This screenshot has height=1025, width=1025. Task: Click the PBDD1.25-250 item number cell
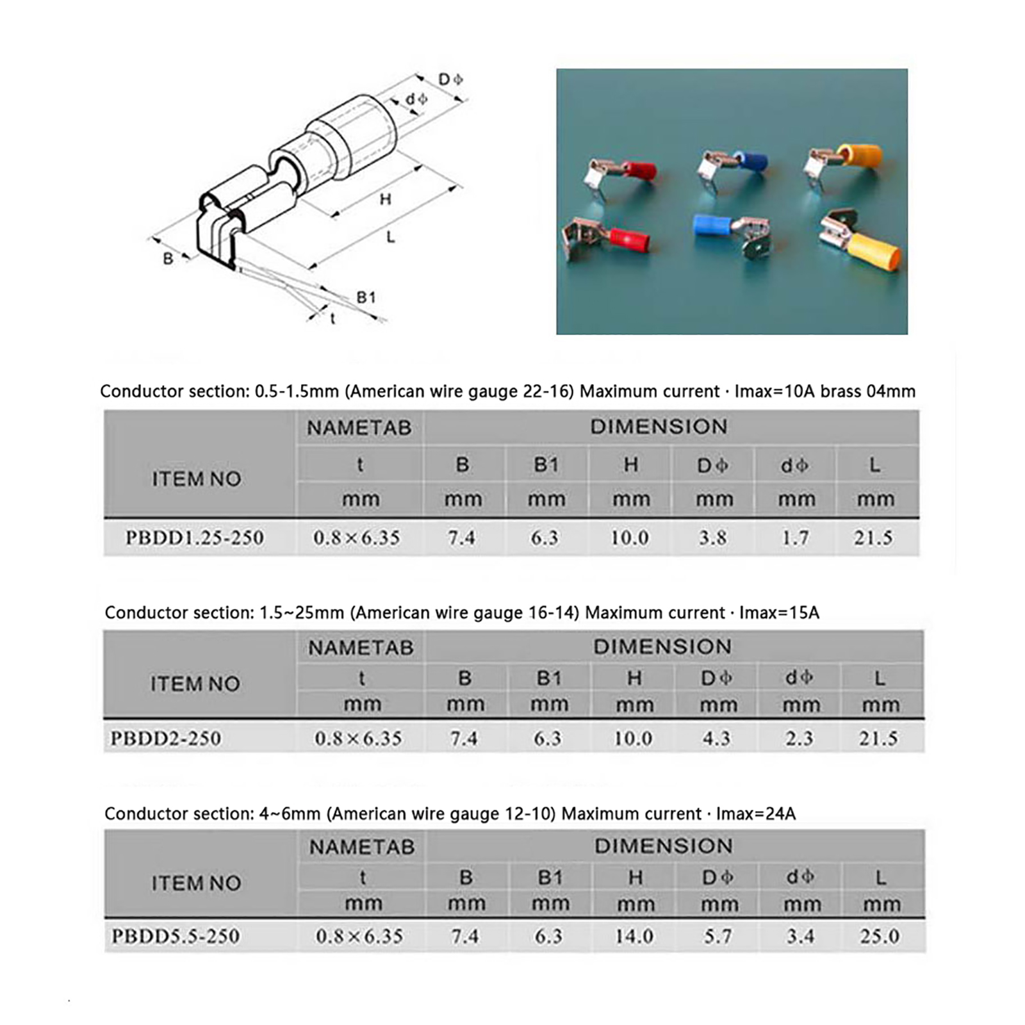(194, 537)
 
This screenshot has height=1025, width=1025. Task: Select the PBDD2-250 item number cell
(166, 738)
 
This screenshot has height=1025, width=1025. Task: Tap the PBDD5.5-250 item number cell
(176, 936)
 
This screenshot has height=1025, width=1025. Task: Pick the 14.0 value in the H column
(634, 936)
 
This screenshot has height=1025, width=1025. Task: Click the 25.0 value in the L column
(880, 936)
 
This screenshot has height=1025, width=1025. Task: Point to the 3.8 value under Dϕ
(713, 537)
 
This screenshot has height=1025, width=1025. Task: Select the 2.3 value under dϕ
(799, 738)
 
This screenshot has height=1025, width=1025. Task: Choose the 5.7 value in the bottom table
(717, 936)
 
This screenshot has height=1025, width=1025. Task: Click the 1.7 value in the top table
(795, 537)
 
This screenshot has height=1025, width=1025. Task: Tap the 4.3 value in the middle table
(716, 738)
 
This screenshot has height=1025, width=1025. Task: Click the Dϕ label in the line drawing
(450, 79)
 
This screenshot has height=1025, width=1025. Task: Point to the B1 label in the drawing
(366, 297)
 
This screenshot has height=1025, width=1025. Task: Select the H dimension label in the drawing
(385, 199)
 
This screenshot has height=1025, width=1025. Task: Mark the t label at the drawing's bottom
(332, 318)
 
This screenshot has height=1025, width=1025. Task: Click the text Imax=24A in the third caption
(755, 814)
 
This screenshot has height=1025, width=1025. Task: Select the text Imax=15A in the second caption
(779, 612)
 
